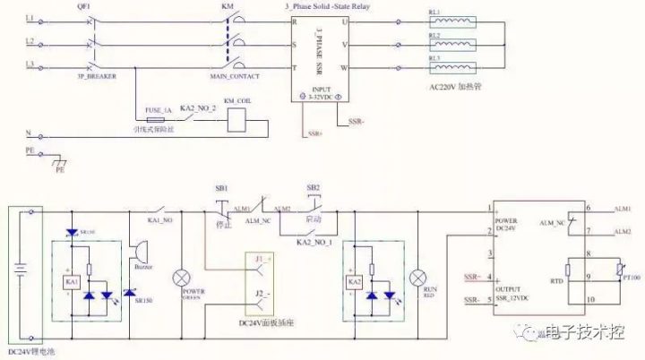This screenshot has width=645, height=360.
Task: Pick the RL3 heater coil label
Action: point(434,57)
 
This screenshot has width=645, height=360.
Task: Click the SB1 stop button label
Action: point(221,189)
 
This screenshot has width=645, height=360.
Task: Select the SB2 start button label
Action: point(313,189)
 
